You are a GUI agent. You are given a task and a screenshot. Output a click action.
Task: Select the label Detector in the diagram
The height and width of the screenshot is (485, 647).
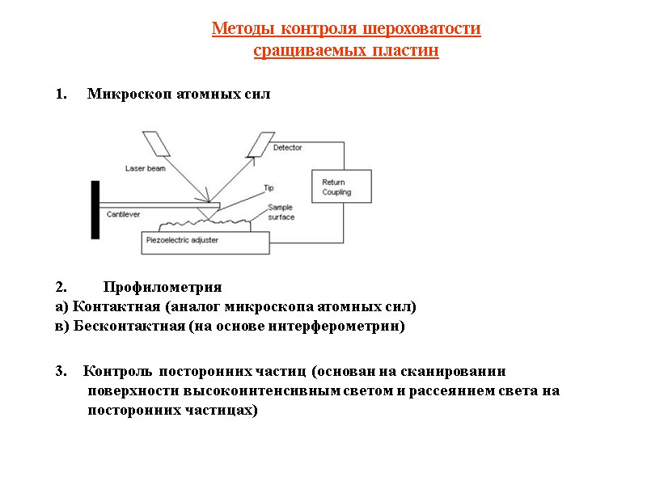tap(287, 148)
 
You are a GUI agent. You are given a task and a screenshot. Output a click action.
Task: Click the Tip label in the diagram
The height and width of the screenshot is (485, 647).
tap(269, 188)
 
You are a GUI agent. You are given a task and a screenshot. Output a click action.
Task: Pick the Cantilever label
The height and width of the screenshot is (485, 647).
tap(124, 214)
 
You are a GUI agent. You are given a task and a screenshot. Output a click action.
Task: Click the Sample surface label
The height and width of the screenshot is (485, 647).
tap(281, 213)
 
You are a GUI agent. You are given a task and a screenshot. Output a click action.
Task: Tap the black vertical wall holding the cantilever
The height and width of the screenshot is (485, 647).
tap(95, 209)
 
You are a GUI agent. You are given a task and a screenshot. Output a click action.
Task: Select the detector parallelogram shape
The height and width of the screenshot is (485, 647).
tap(260, 144)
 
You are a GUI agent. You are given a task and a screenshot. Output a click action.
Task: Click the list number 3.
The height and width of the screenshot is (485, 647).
tap(60, 372)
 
